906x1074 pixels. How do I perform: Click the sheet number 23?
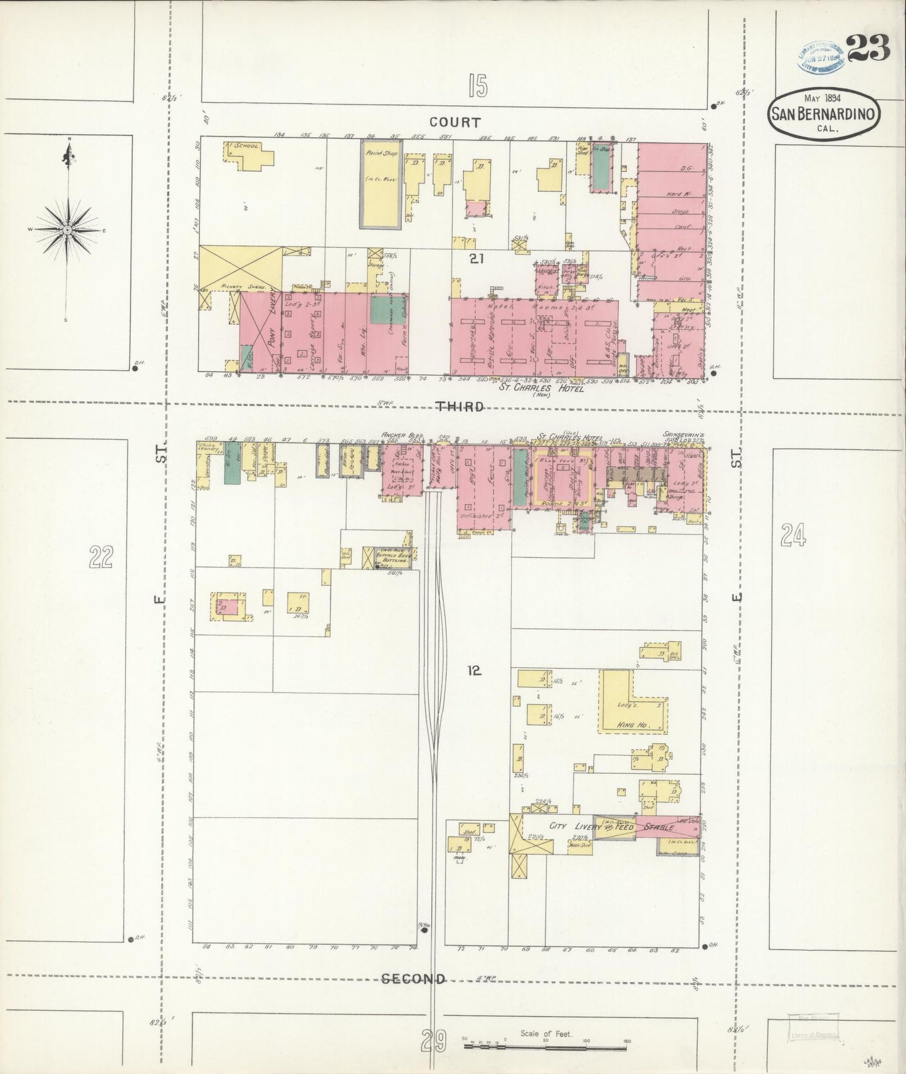pos(868,48)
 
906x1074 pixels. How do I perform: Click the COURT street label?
pos(455,122)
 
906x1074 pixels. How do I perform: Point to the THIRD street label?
pos(460,407)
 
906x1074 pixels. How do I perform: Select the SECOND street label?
pos(414,979)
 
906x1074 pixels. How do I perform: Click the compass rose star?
pos(66,230)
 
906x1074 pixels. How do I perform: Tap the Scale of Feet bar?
pos(545,1043)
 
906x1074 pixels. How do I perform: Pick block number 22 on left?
pos(101,556)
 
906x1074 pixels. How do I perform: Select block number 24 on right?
pos(793,536)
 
